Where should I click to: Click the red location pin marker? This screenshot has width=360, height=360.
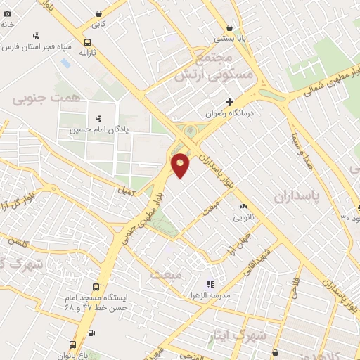[x=181, y=165]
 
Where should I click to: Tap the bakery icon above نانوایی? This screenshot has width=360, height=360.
[x=243, y=207]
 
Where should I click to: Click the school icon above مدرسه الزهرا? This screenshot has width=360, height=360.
[x=209, y=284]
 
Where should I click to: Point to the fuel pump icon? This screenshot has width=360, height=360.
[x=91, y=333]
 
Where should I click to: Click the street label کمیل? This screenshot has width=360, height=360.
[x=126, y=190]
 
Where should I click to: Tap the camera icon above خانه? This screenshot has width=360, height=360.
[x=7, y=13]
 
